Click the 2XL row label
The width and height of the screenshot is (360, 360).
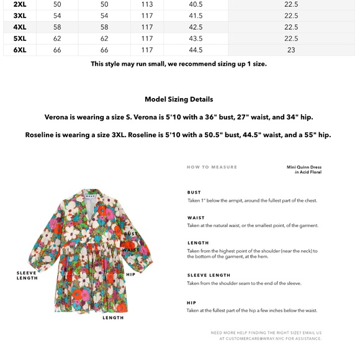(x=20, y=4)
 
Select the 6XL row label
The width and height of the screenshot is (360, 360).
(x=20, y=50)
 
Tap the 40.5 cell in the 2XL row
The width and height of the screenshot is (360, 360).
(x=196, y=4)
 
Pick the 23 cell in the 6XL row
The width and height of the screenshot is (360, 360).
(x=291, y=50)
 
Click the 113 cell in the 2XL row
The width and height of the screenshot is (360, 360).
(x=147, y=4)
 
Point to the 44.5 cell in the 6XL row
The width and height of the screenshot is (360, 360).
(x=196, y=50)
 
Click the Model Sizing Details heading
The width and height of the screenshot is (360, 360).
(x=179, y=99)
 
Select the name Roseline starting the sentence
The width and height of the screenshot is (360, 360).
(x=42, y=135)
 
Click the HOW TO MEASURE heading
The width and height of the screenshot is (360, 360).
(x=212, y=167)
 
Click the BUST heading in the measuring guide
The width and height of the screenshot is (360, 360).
(x=194, y=192)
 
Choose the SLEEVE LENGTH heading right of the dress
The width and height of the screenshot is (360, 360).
(x=209, y=275)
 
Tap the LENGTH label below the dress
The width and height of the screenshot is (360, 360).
(x=113, y=318)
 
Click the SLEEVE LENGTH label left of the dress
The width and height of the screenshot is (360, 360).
(x=27, y=276)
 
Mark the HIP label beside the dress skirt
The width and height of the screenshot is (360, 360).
(x=130, y=274)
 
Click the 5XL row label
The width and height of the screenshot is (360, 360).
(x=20, y=38)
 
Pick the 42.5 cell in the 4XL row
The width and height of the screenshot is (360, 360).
(x=196, y=27)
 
